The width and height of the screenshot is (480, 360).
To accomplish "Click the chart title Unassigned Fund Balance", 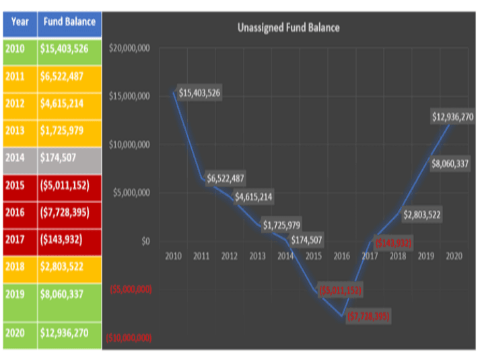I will (x=288, y=28).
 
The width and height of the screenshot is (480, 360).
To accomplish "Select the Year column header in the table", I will (x=20, y=22).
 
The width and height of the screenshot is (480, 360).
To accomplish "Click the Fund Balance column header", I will (x=69, y=22).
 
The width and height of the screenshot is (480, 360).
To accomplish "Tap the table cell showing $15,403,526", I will (x=69, y=49).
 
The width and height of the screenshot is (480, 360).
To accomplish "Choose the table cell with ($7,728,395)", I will (x=69, y=212).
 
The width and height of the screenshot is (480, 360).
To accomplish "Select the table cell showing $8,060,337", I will (x=69, y=293).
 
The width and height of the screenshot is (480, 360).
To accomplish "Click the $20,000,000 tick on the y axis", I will (x=133, y=48).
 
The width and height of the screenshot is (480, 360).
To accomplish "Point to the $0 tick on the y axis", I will (x=145, y=241).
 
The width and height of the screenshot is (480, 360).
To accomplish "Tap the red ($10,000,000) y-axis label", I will (x=130, y=338).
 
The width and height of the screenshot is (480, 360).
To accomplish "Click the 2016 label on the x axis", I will (x=341, y=256).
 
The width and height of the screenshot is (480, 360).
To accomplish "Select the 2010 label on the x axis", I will (x=174, y=256).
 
